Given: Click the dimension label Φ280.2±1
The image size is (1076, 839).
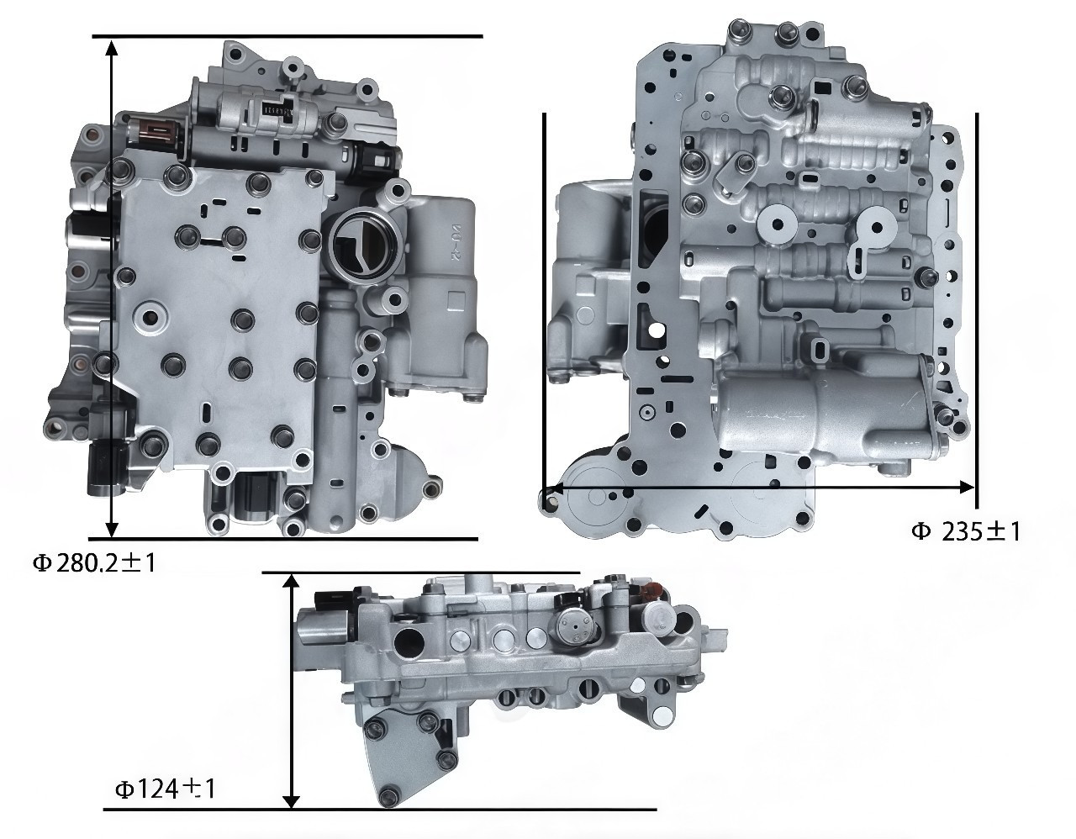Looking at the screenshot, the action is (94, 563).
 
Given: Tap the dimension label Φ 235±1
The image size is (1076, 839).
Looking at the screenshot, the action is (966, 532).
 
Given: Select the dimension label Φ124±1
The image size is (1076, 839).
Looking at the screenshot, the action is (166, 789).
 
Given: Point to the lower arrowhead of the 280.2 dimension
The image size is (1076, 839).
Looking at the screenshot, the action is (113, 529).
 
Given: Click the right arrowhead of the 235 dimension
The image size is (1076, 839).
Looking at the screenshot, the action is (967, 488).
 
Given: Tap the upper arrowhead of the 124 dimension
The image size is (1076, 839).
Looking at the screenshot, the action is (293, 583).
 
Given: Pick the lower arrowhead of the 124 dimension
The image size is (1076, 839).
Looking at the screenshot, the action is (293, 800).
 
